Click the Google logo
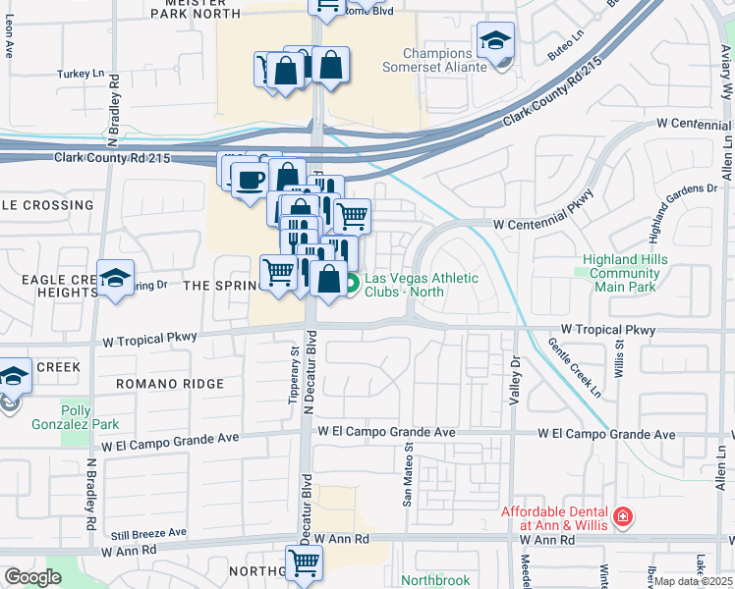33,576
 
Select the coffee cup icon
250,179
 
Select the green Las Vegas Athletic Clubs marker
351,284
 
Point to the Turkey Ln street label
80,74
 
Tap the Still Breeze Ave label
148,532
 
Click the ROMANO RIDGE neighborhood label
169,384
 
